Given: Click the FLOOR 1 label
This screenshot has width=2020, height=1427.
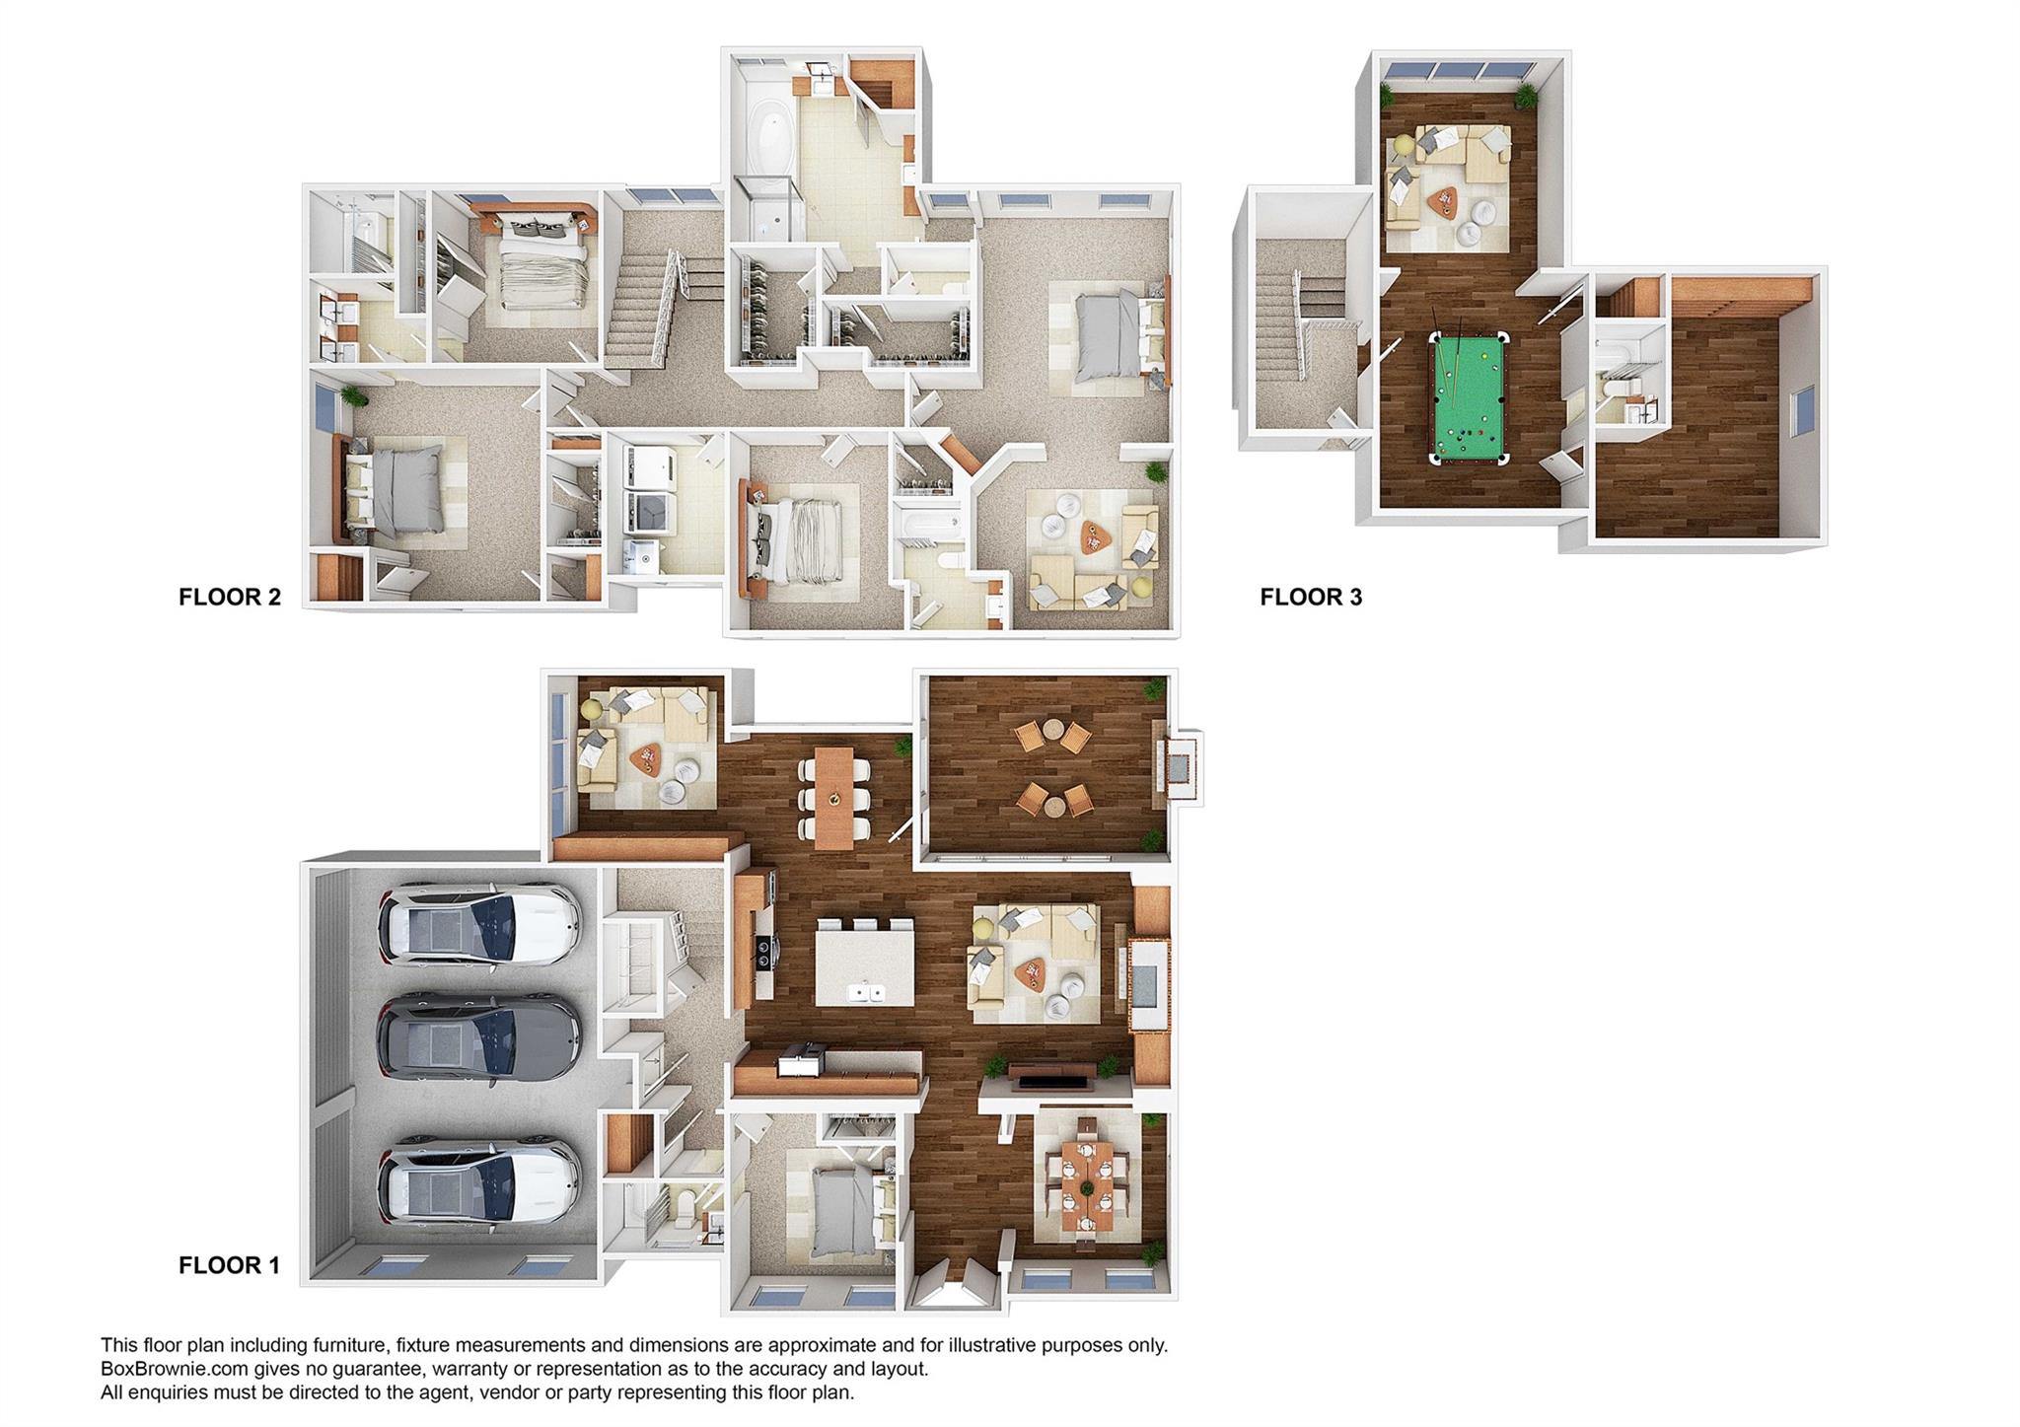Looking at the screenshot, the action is point(229,1264).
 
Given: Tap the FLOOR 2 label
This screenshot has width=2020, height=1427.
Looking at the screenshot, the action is point(230,597).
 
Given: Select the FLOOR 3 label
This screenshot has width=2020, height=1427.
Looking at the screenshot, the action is point(1311,597).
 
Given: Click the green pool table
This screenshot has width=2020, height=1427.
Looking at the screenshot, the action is point(1468,397).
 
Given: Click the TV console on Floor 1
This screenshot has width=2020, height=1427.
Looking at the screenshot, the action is point(1056,1077).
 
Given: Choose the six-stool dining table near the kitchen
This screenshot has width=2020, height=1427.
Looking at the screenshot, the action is point(834,797).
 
